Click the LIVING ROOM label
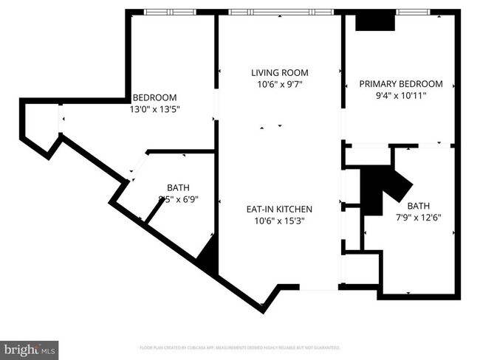(x=279, y=73)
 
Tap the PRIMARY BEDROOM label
(x=401, y=84)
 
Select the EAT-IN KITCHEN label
(x=279, y=209)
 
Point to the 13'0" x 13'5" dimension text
(x=155, y=109)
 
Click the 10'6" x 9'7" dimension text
(x=279, y=85)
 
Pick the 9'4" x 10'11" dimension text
(x=401, y=95)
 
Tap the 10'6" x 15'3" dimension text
(x=279, y=220)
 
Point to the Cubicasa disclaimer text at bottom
(x=240, y=347)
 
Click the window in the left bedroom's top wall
(x=170, y=12)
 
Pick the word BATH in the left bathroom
(x=178, y=187)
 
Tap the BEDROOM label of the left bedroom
(x=154, y=97)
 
